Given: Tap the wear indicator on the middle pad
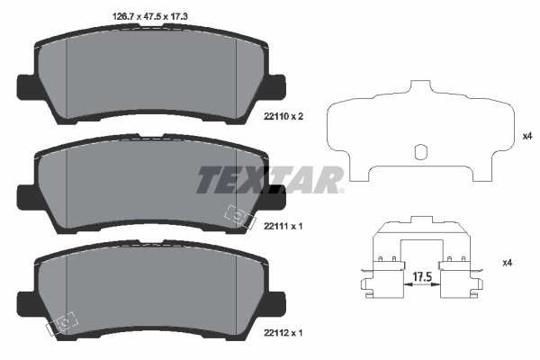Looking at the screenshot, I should [237, 214].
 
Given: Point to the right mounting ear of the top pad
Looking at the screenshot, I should [277, 86].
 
